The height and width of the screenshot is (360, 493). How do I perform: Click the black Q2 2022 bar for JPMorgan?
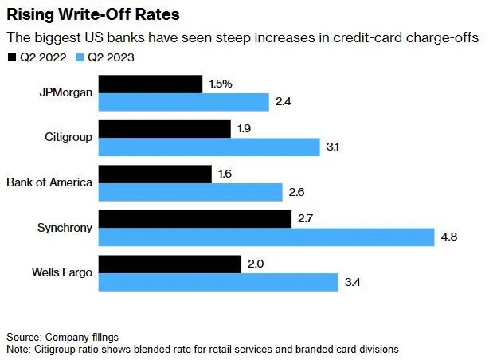151,84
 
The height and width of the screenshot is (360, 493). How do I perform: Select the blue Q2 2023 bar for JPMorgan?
184,102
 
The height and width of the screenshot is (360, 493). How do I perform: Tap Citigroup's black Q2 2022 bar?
164,129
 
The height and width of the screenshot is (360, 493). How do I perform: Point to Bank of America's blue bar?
190,192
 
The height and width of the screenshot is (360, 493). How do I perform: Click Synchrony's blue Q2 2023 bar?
267,237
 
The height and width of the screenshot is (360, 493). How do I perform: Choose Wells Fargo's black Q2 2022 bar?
170,264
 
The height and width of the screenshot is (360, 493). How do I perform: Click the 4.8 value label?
450,237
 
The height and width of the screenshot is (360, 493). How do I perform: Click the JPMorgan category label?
66,92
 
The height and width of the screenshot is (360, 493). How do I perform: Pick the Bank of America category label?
49,182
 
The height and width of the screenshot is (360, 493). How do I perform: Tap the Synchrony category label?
65,228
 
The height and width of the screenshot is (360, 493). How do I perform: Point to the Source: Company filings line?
63,337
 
